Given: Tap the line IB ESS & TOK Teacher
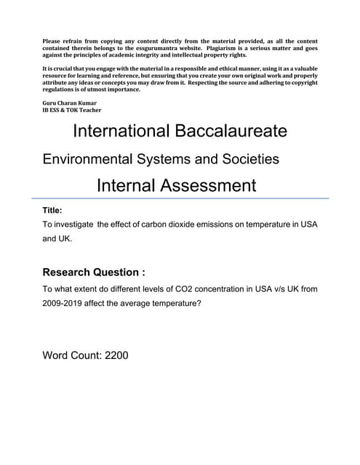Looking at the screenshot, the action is pyautogui.click(x=72, y=110).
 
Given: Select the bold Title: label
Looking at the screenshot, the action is pyautogui.click(x=57, y=210).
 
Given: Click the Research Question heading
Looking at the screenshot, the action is pyautogui.click(x=94, y=272).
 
